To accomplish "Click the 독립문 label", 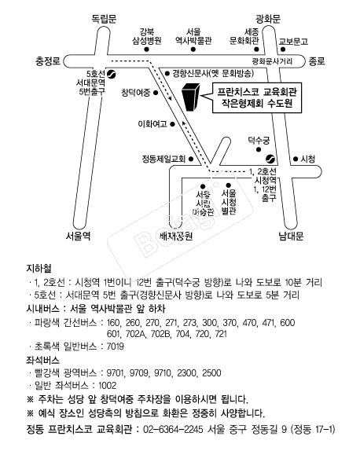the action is (104, 19).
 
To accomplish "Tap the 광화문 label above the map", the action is (268, 19).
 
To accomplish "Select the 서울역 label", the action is (78, 236).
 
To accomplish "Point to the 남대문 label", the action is (291, 236).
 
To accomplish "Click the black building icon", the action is (190, 97).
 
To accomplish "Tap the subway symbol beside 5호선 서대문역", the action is (111, 74).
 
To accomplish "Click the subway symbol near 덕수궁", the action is (270, 159).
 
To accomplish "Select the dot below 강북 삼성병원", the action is (146, 49).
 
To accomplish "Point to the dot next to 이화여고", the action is (172, 124).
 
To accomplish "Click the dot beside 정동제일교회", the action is (190, 159).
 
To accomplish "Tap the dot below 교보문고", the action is (283, 49).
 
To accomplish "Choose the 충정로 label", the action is (48, 61).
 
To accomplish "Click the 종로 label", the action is (317, 61).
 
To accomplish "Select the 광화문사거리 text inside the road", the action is (272, 61).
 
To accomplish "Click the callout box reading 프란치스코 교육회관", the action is (257, 97).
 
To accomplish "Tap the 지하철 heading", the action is (39, 269).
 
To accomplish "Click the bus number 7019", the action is (115, 346).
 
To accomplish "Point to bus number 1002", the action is (108, 386).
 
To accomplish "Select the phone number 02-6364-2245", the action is (173, 430).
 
